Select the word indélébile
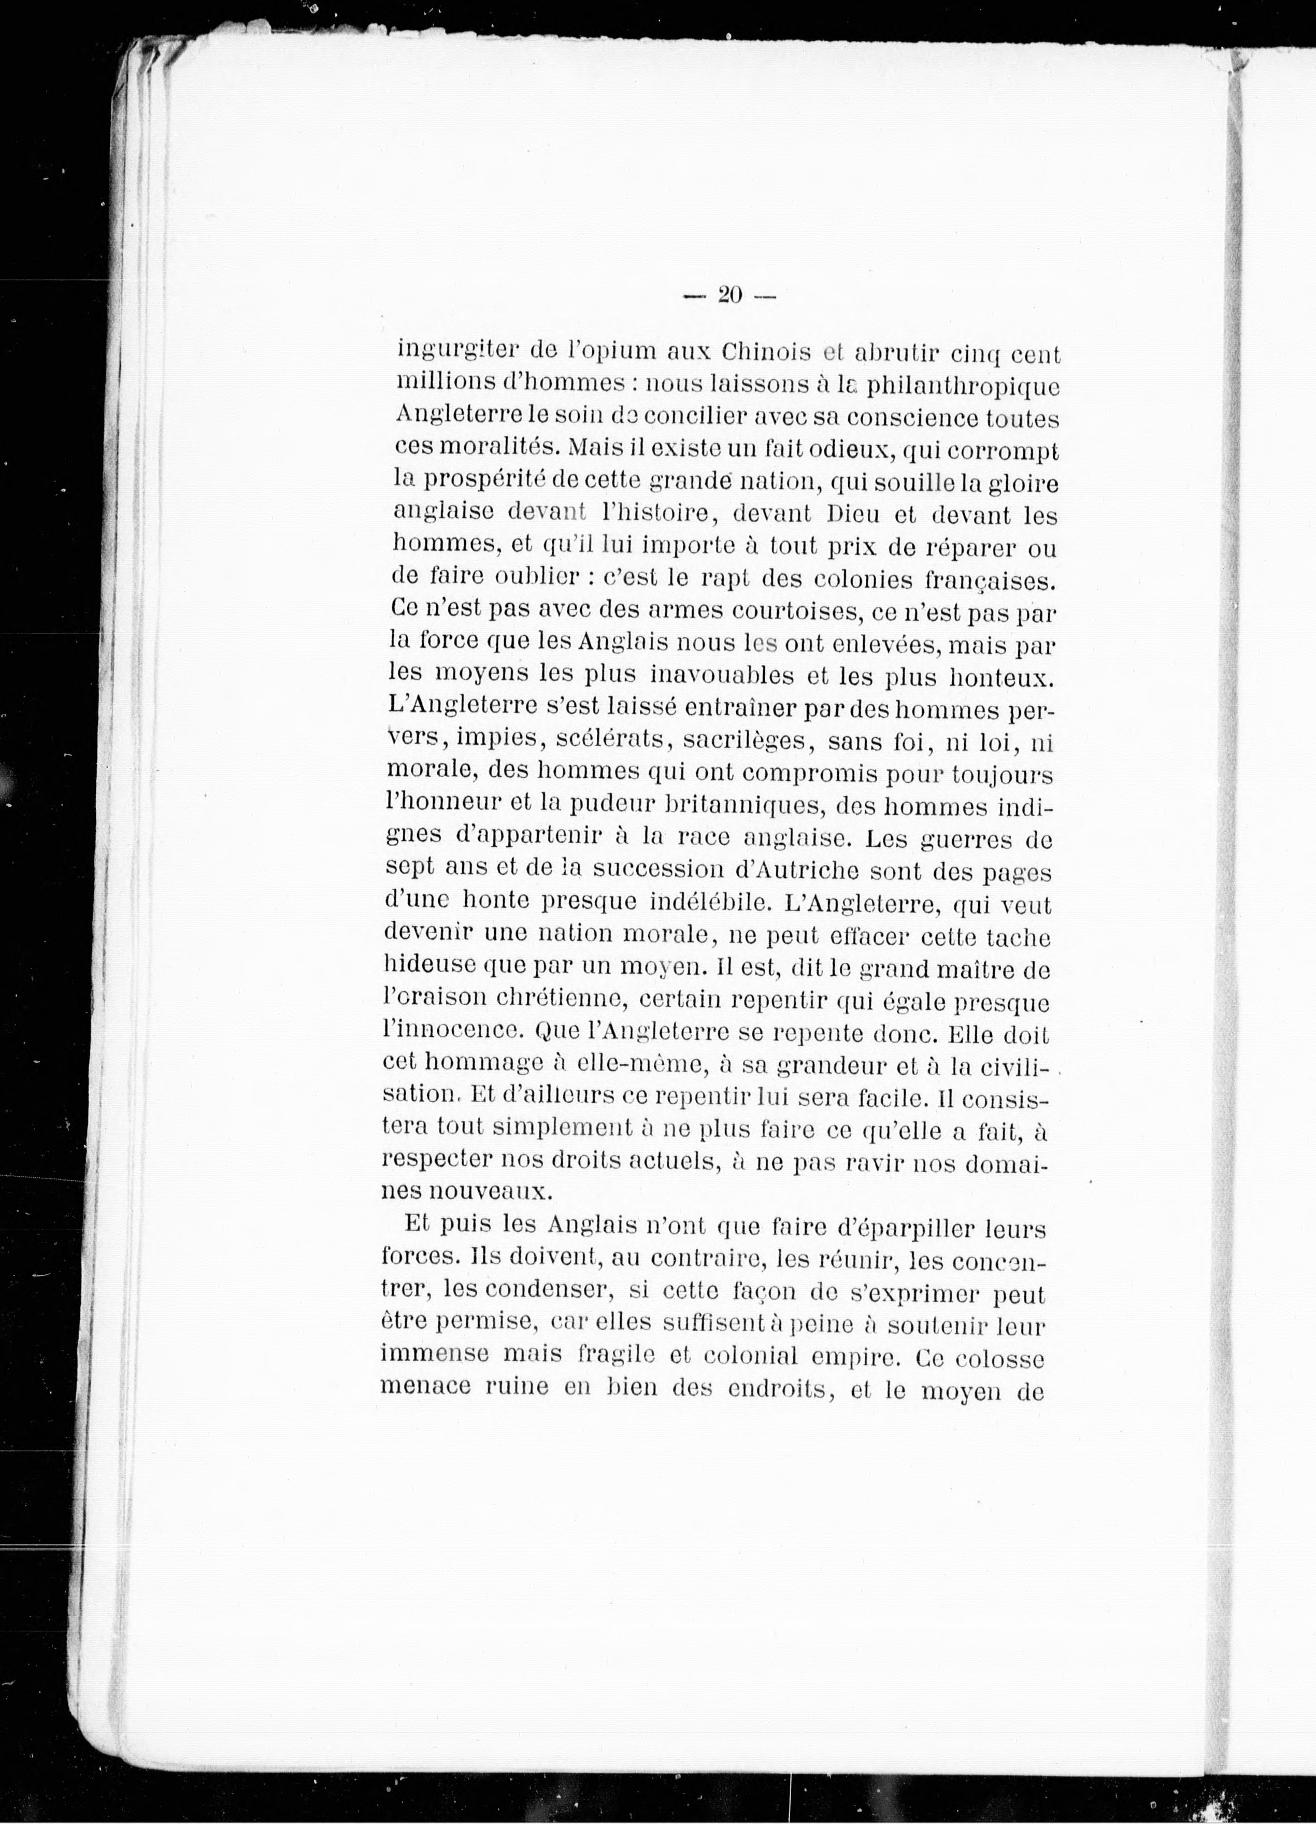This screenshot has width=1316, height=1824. coord(691,904)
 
